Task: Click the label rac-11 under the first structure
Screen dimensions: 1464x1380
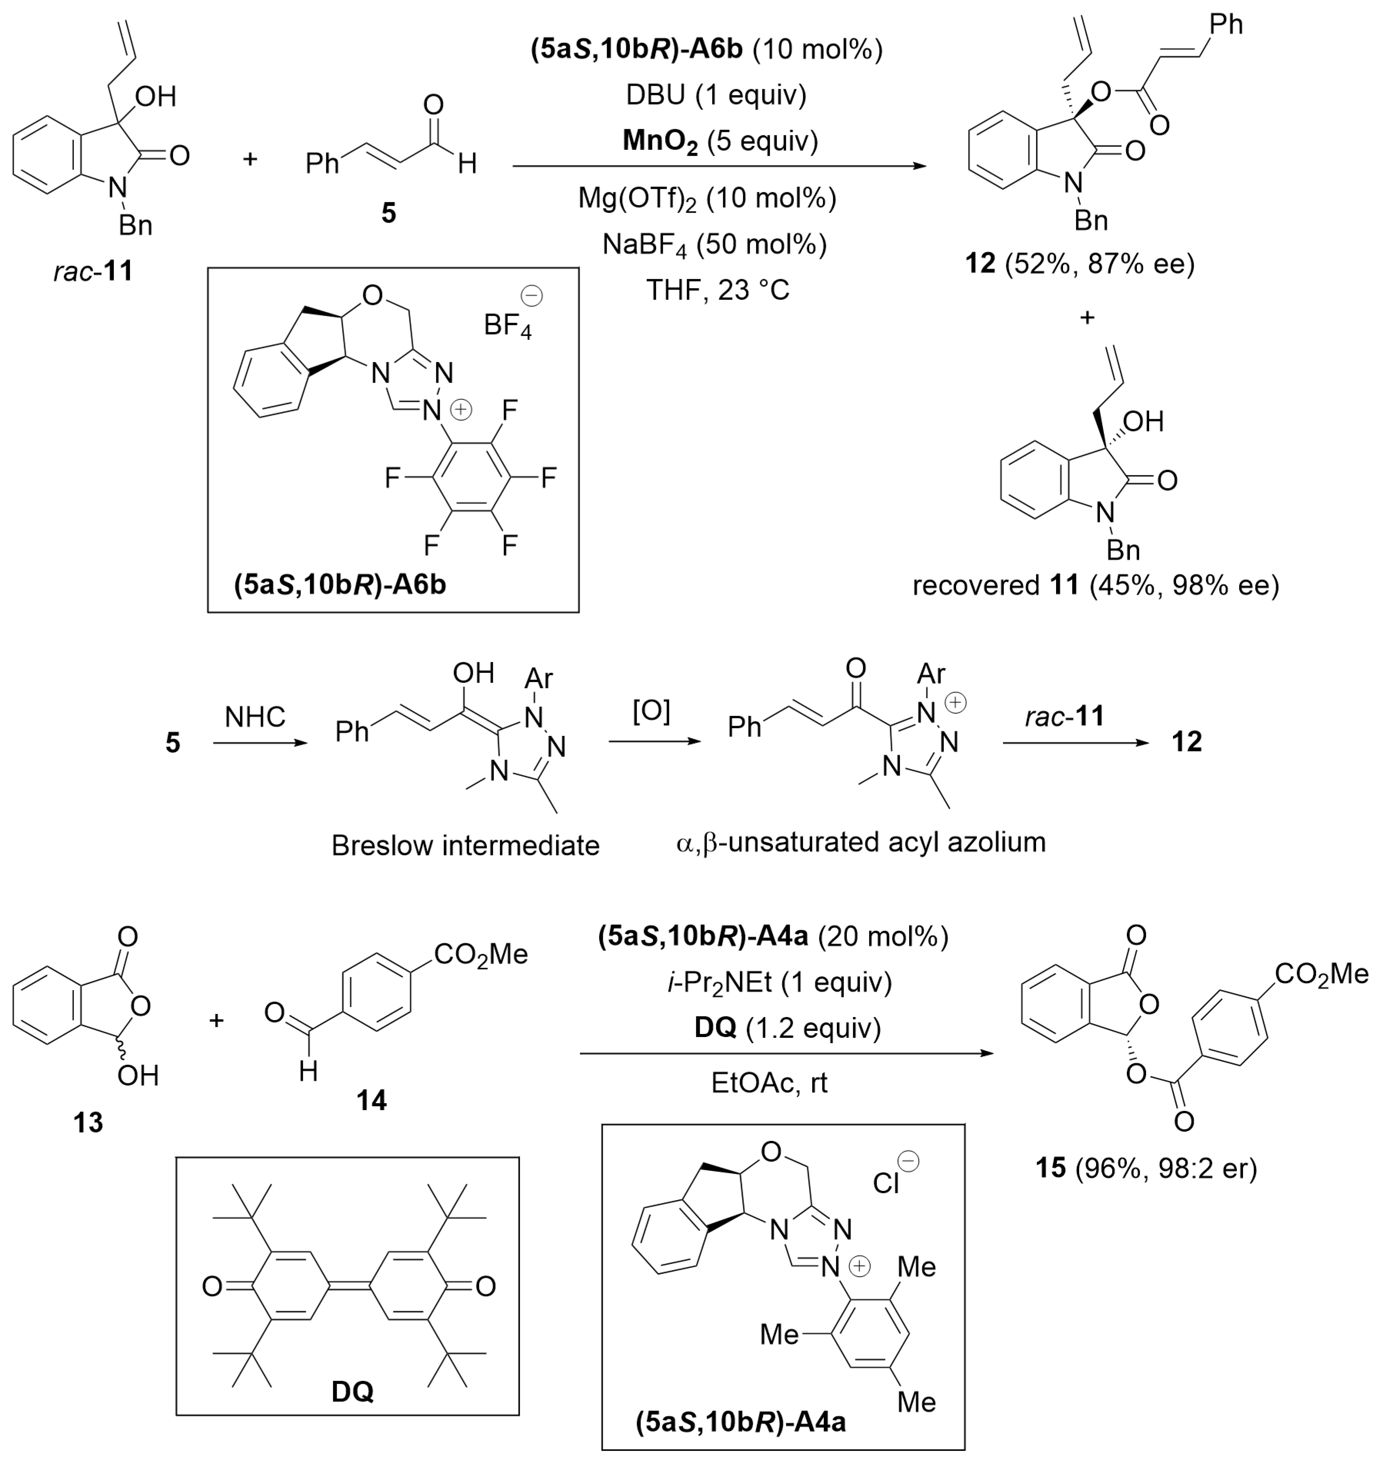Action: pyautogui.click(x=93, y=271)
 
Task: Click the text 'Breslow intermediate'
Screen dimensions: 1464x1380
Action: pyautogui.click(x=466, y=845)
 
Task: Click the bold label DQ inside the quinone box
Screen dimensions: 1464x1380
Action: pyautogui.click(x=353, y=1391)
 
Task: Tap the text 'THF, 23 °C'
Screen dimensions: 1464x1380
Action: pyautogui.click(x=717, y=289)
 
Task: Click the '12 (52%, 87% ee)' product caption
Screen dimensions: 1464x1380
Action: pyautogui.click(x=1080, y=263)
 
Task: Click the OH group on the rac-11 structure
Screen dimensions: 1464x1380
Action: pyautogui.click(x=156, y=97)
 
